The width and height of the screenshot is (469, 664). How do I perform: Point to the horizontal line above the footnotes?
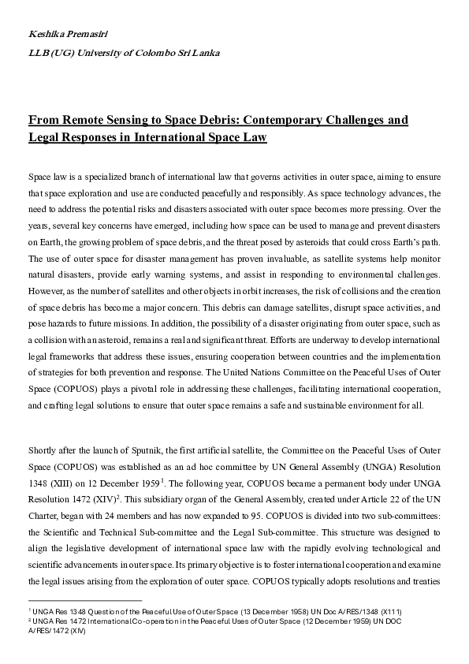pos(84,600)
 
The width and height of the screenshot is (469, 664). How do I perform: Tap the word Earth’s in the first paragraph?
pos(410,222)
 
